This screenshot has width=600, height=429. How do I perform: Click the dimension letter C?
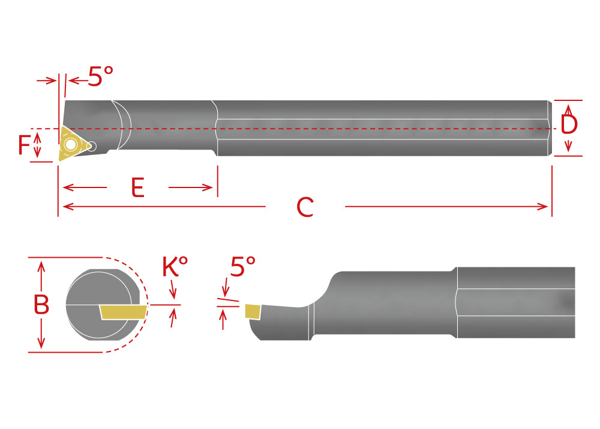coord(305,207)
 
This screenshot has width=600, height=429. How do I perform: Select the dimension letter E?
coord(138,188)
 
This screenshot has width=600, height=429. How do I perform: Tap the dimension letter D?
coord(569,124)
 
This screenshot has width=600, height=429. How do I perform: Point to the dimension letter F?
coord(23,146)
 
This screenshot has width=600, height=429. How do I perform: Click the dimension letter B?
coord(41,305)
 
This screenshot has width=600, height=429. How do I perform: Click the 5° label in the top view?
coord(100,76)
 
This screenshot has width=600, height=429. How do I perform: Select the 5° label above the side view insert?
coord(242,267)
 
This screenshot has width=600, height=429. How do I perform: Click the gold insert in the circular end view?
coord(124,311)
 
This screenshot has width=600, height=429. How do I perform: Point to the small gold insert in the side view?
coord(252,311)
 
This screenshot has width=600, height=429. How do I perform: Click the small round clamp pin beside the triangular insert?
coord(91,145)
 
